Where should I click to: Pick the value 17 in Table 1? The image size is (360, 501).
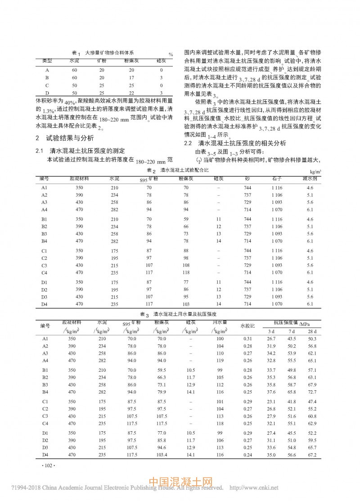click(131, 77)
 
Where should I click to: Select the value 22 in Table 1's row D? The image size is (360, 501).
click(131, 92)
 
